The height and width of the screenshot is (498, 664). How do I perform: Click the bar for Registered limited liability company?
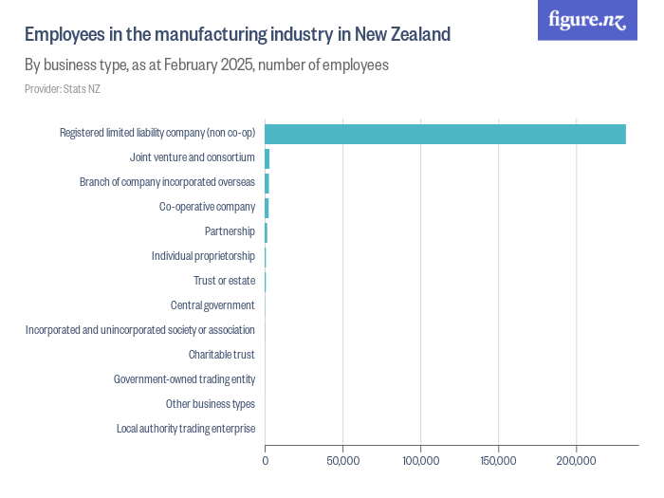445,133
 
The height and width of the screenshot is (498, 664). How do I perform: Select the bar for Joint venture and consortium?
267,157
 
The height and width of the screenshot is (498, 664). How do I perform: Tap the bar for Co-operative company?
267,207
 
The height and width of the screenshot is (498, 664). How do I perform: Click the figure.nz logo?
588,20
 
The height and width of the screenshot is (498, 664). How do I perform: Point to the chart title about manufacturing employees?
237,35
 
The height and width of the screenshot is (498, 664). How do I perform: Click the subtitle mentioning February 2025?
206,65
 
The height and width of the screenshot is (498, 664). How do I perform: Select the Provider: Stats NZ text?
62,89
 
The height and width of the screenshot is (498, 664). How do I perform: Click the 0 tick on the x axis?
265,461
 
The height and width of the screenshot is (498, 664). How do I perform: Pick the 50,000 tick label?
342,461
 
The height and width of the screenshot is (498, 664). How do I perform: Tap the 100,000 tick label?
420,461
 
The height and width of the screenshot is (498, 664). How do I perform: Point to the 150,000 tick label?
498,461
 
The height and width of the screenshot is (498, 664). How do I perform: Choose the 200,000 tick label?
576,461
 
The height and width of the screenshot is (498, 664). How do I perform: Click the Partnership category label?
230,231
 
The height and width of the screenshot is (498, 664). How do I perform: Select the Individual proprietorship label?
203,256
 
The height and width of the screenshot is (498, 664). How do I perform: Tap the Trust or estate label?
224,281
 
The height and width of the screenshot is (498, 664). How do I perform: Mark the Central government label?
212,305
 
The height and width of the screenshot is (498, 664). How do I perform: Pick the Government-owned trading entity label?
184,379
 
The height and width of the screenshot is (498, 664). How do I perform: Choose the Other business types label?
210,404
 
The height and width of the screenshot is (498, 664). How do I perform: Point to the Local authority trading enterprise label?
186,429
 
